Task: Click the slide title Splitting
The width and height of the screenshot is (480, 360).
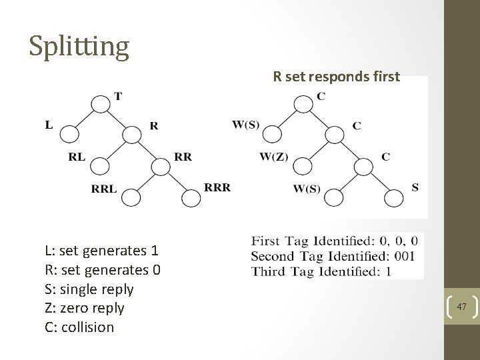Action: coord(79,46)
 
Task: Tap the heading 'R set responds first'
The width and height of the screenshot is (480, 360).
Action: coord(336,77)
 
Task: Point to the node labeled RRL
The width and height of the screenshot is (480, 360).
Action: coord(132,198)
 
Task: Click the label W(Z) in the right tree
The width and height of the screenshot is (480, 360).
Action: coord(273,157)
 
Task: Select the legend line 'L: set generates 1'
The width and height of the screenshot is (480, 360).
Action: coord(101,251)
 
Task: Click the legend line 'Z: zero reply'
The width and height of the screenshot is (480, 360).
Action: coord(85,308)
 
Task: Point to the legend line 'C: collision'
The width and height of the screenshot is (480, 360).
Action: coord(79,327)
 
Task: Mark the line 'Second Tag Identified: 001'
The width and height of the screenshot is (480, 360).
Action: coord(333,256)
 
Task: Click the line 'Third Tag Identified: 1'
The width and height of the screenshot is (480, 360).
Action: coord(321,271)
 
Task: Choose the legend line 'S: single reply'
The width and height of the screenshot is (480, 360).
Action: coord(89,289)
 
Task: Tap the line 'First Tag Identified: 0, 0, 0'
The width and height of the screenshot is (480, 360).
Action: coord(335,241)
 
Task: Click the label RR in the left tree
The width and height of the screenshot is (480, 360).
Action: coord(183,157)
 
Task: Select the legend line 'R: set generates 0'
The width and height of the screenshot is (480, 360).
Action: coord(103,271)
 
